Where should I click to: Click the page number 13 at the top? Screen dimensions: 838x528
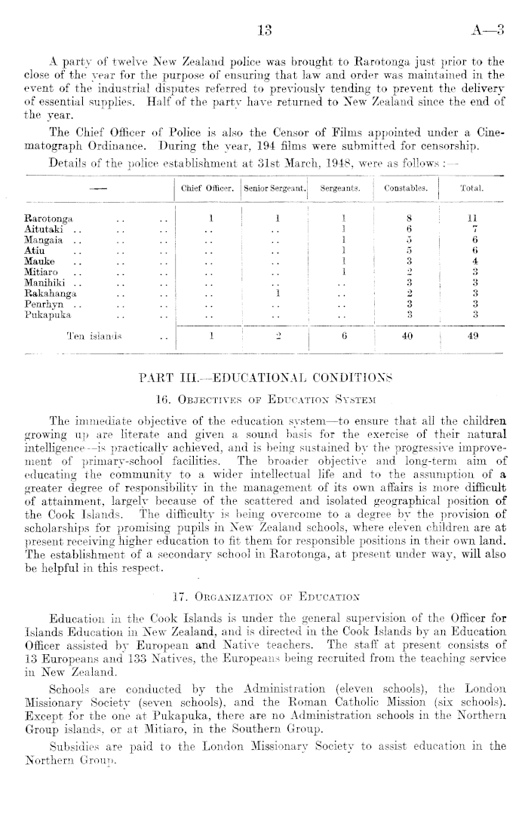[x=264, y=31]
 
